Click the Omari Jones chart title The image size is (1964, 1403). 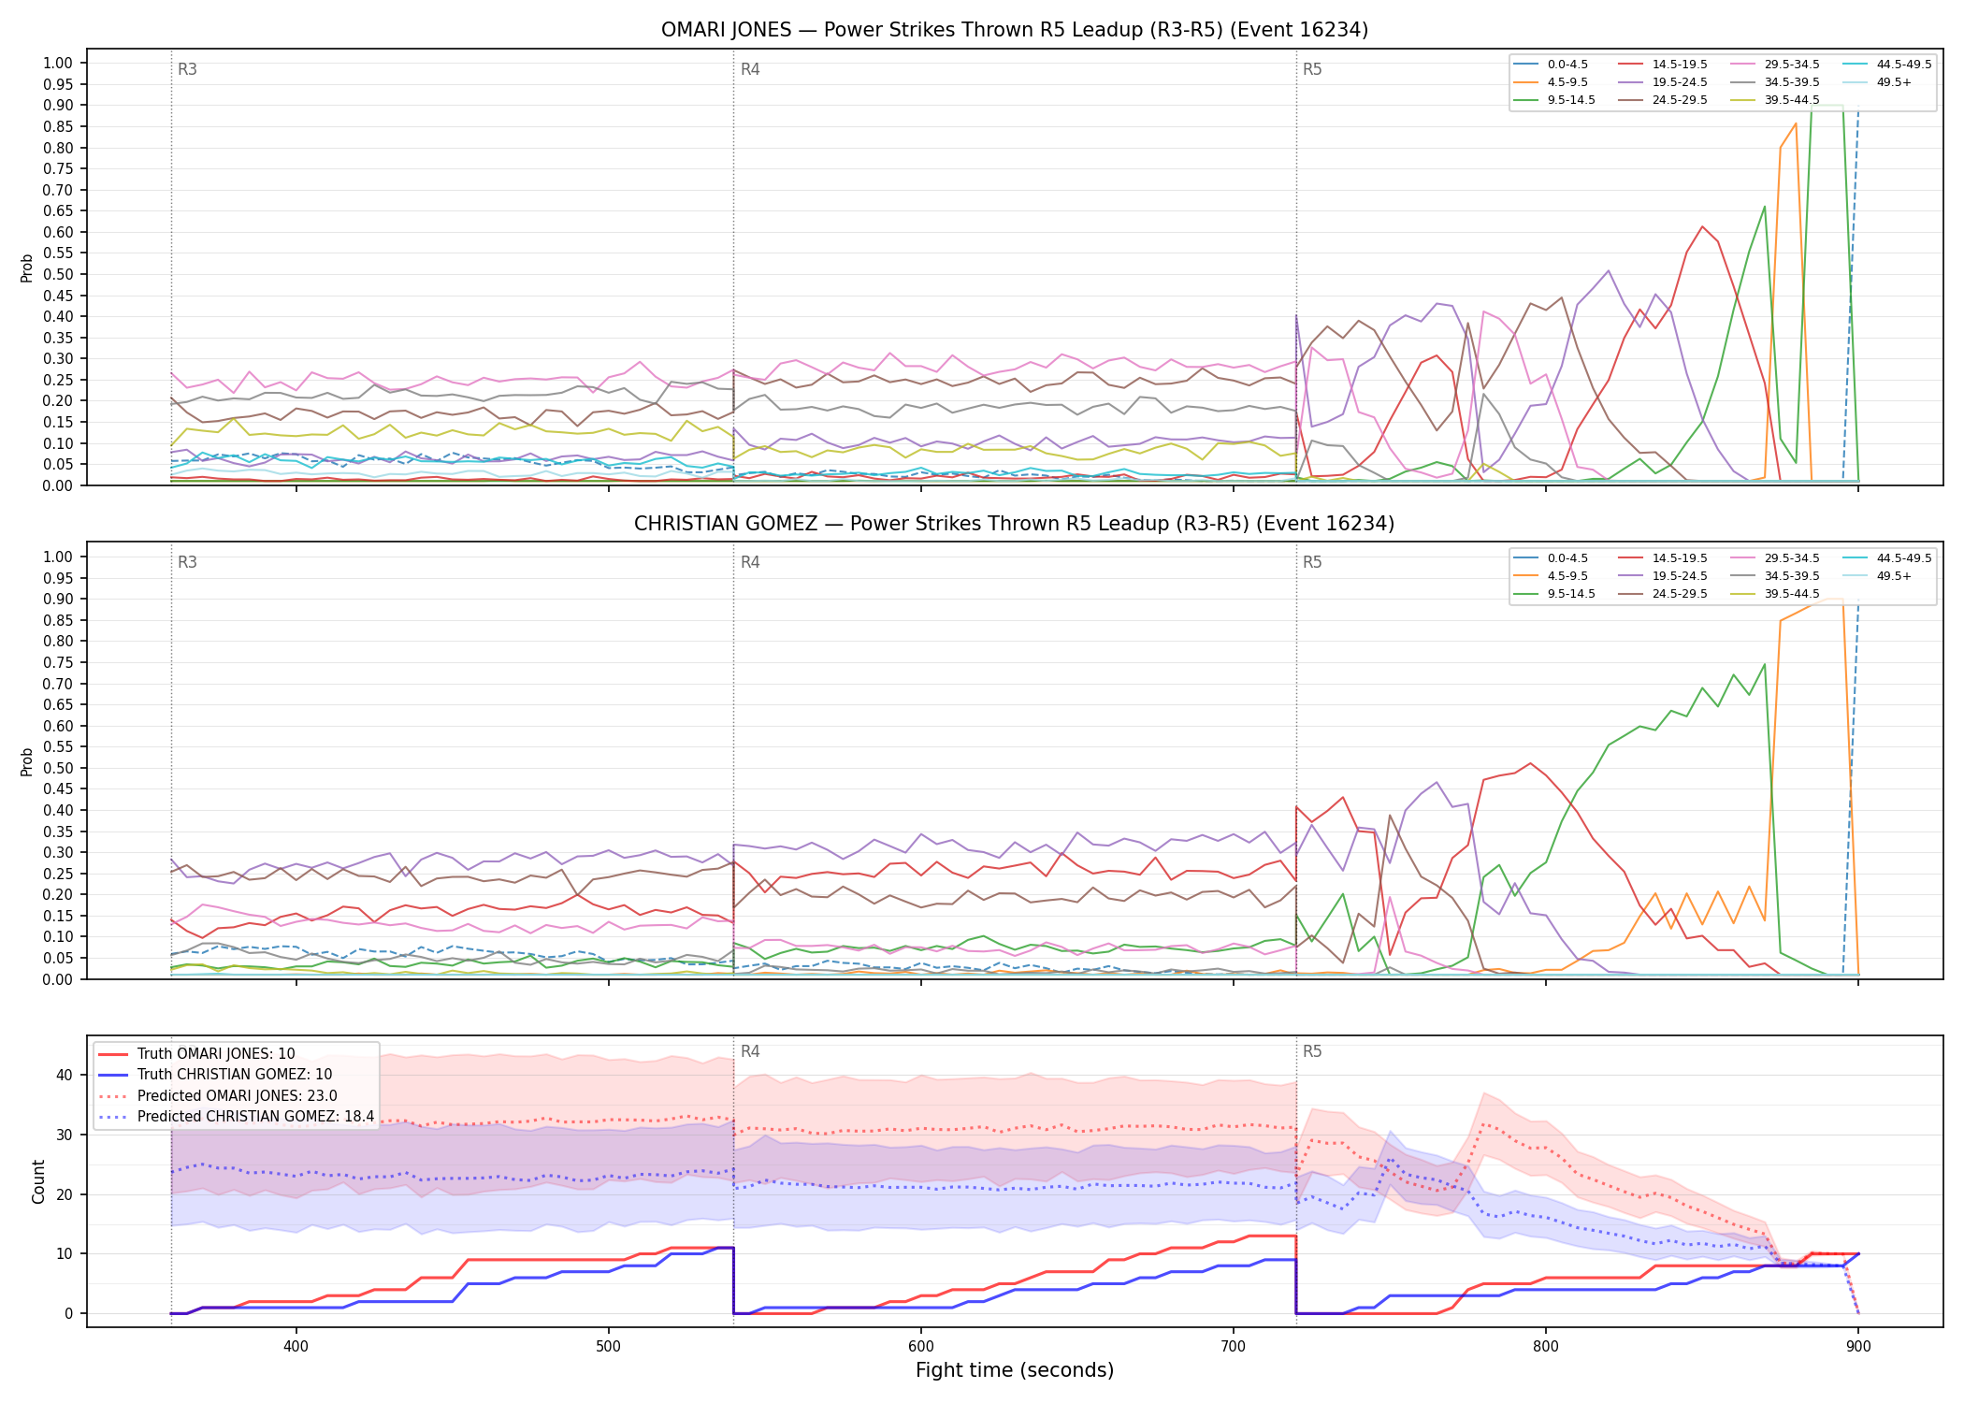1015,30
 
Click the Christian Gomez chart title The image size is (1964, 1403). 1015,524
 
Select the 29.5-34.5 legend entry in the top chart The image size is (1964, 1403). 1773,65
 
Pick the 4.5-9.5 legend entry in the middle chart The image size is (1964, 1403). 1551,576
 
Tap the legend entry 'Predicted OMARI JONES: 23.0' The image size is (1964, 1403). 237,1095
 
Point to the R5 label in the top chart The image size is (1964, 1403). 1312,69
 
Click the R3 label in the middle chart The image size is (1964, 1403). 187,562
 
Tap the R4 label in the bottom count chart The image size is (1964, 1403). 750,1051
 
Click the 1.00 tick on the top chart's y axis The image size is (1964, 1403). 57,64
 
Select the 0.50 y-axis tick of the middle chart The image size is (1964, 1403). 57,768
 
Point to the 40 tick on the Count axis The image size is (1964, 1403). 64,1075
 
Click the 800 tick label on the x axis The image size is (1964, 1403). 1546,1346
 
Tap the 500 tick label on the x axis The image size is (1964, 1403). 609,1346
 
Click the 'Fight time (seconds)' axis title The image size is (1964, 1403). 1015,1370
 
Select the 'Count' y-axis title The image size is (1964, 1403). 38,1181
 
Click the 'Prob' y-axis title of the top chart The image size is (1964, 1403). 27,268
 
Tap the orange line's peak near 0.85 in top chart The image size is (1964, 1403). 1796,123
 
